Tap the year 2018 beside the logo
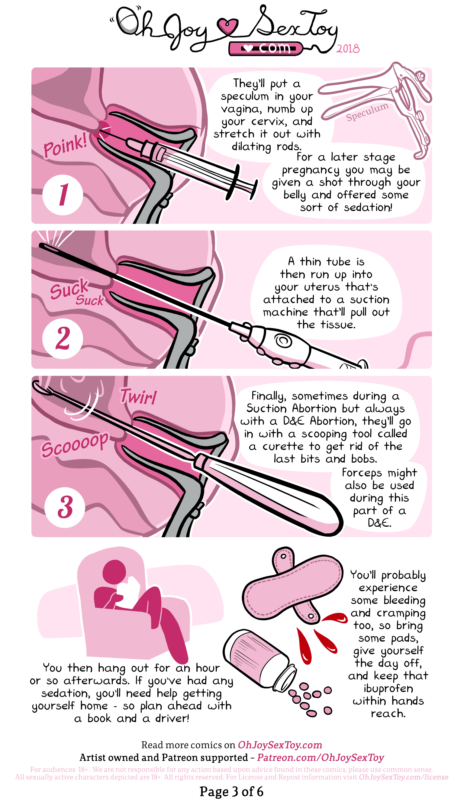coord(348,49)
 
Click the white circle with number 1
coord(63,195)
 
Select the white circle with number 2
coord(63,338)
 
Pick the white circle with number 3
coord(65,507)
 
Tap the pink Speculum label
coord(367,112)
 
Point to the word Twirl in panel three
coord(138,397)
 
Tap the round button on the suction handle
coord(283,341)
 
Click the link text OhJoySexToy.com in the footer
coord(280,745)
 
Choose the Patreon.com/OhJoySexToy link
coord(321,757)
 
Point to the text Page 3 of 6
coord(232,791)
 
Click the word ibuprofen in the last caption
coord(388,688)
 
